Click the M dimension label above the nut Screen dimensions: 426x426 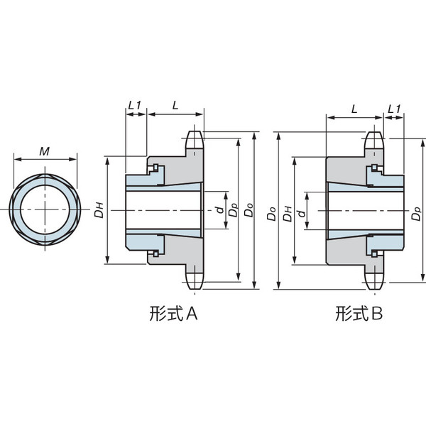(44, 151)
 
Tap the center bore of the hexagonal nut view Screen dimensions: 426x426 (44, 211)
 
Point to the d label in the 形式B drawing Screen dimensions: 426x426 (301, 211)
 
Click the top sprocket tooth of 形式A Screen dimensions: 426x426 (195, 138)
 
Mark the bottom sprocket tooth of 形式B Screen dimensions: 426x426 (373, 281)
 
